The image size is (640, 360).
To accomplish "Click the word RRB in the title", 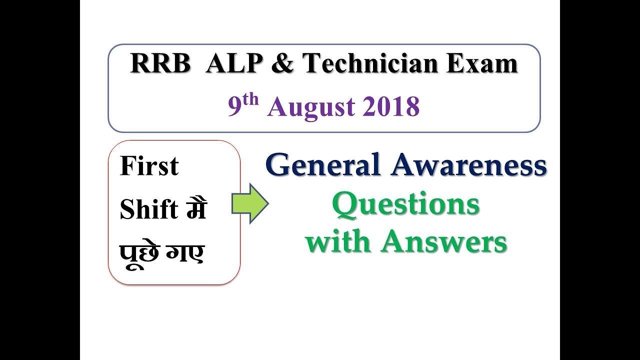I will click(x=159, y=64).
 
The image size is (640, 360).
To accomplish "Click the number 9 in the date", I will click(x=235, y=107).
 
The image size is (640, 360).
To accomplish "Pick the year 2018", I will click(x=392, y=107).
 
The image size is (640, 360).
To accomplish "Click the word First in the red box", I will click(x=149, y=166).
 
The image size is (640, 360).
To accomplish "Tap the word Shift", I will click(x=149, y=210).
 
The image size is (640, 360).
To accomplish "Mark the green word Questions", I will click(x=406, y=204).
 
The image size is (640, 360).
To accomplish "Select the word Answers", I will click(x=444, y=242).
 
